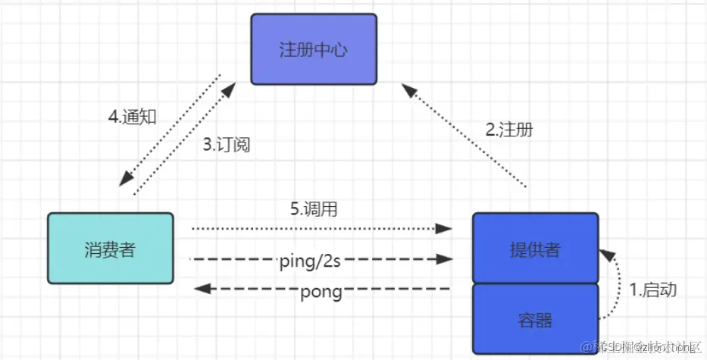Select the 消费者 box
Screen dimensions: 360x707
110,249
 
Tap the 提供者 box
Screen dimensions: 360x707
535,249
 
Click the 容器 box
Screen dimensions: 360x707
535,319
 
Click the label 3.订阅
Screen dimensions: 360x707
226,146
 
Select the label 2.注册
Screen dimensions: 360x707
508,129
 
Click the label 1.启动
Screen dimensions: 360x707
652,289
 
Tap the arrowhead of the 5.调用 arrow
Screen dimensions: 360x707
446,227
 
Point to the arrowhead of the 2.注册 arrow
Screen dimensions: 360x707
409,90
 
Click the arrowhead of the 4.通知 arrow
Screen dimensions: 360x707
127,180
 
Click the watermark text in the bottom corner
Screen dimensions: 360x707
640,346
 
